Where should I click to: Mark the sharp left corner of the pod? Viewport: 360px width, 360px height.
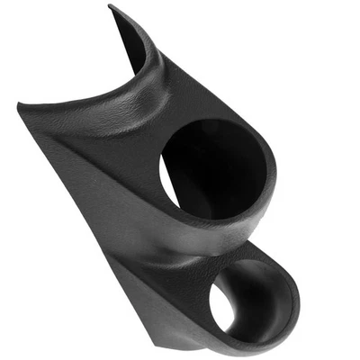[19, 106]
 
